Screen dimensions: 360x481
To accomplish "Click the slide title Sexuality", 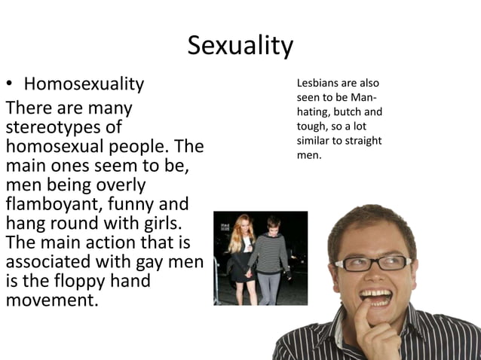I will (x=240, y=46).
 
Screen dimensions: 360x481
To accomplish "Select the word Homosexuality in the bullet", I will (x=84, y=83).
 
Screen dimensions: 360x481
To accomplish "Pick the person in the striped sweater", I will (x=268, y=256).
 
